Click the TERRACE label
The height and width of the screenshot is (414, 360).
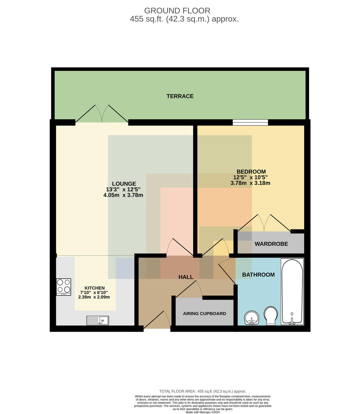[180, 96]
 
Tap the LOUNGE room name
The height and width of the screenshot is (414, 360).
[124, 184]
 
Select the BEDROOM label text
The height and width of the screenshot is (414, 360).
[251, 171]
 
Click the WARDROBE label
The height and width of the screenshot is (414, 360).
[271, 244]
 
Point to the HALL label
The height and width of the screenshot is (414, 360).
[186, 277]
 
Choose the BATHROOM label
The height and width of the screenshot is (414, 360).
[258, 275]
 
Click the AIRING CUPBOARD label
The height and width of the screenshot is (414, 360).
[204, 314]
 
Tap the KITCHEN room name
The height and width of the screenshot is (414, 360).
[94, 288]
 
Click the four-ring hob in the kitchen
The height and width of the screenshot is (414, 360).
[63, 287]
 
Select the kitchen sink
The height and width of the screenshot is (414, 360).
[98, 320]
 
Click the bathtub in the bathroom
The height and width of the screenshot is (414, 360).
[292, 292]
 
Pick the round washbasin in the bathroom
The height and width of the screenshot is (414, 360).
[252, 318]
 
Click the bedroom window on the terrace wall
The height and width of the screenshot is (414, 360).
[250, 122]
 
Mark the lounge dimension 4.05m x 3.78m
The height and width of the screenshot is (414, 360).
[123, 195]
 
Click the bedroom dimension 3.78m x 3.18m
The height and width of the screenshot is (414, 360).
[250, 183]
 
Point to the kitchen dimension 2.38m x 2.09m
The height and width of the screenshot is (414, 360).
[94, 297]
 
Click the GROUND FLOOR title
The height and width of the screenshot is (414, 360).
[177, 10]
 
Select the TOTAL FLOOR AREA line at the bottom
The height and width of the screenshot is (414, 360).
[203, 391]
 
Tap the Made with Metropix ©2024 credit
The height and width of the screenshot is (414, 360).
[203, 412]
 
